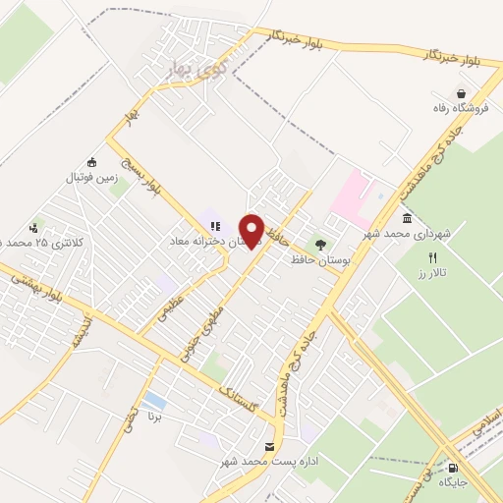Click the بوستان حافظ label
coord(316,260)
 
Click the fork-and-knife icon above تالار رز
coord(433,255)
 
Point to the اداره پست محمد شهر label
coord(270,462)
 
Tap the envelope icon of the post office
coord(270,447)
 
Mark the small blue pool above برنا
coord(154,400)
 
